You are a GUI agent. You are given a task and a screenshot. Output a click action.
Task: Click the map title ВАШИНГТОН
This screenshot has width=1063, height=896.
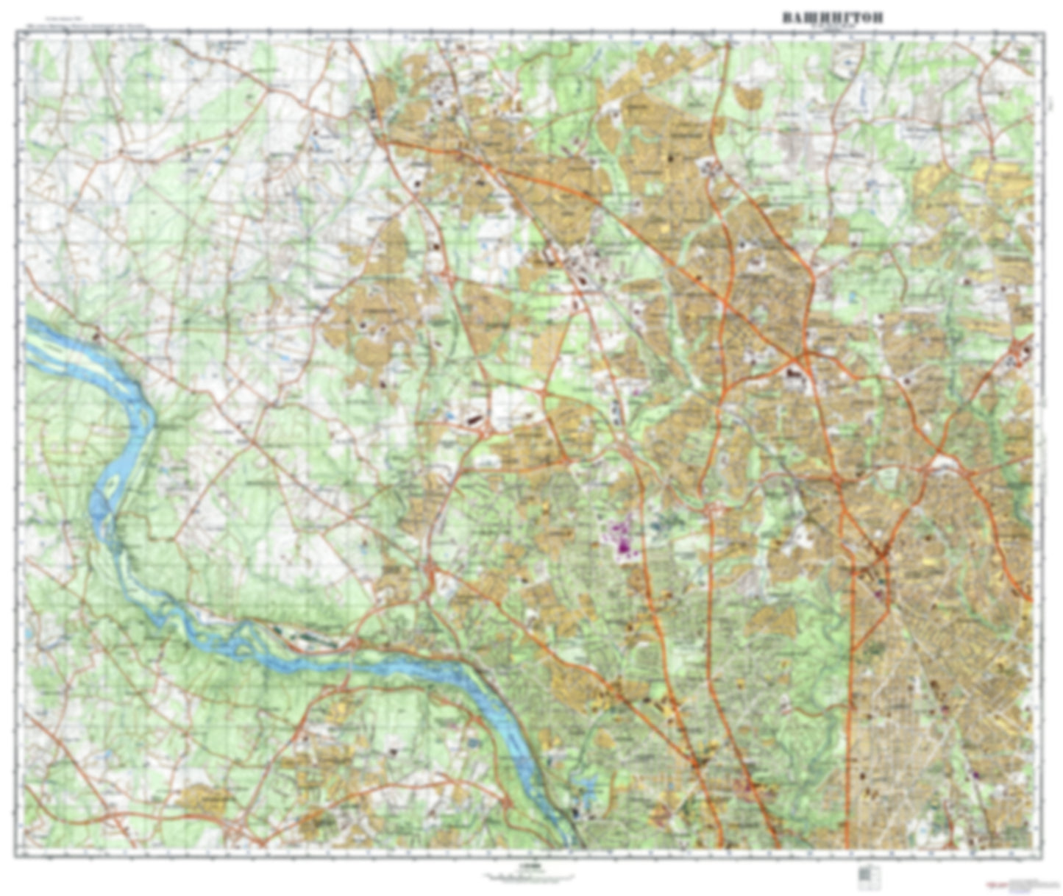point(832,17)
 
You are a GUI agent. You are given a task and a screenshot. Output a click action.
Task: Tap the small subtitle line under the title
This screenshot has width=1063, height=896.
point(832,27)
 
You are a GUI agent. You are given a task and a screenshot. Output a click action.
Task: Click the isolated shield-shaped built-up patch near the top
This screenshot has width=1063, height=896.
point(746,96)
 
